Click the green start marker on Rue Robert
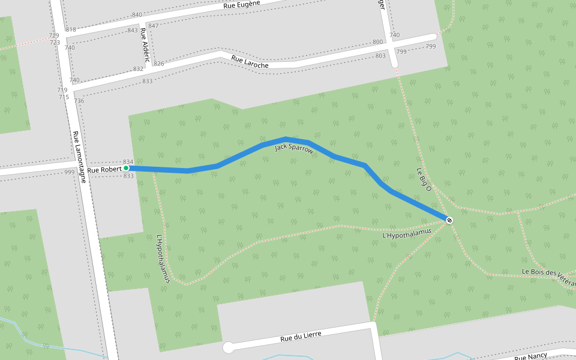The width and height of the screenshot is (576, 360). pyautogui.click(x=126, y=169)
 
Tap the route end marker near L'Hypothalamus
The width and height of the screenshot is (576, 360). pyautogui.click(x=449, y=220)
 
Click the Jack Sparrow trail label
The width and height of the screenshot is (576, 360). pyautogui.click(x=294, y=148)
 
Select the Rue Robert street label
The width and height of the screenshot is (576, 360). pyautogui.click(x=104, y=170)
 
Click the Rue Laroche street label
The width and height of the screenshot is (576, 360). pyautogui.click(x=250, y=61)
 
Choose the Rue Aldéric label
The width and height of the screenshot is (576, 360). pyautogui.click(x=145, y=47)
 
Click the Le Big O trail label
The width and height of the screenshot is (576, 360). pyautogui.click(x=424, y=179)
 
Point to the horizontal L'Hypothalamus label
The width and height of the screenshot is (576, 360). pyautogui.click(x=407, y=233)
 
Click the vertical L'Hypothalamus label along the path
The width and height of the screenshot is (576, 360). pyautogui.click(x=163, y=259)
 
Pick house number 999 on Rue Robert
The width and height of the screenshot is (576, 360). pyautogui.click(x=70, y=172)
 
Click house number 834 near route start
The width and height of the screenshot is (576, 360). pyautogui.click(x=128, y=162)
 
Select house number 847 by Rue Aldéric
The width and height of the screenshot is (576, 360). pyautogui.click(x=153, y=25)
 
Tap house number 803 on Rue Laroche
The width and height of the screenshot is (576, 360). pyautogui.click(x=380, y=56)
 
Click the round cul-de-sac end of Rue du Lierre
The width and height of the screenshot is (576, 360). pyautogui.click(x=228, y=347)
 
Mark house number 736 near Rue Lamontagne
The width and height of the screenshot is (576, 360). pyautogui.click(x=79, y=101)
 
